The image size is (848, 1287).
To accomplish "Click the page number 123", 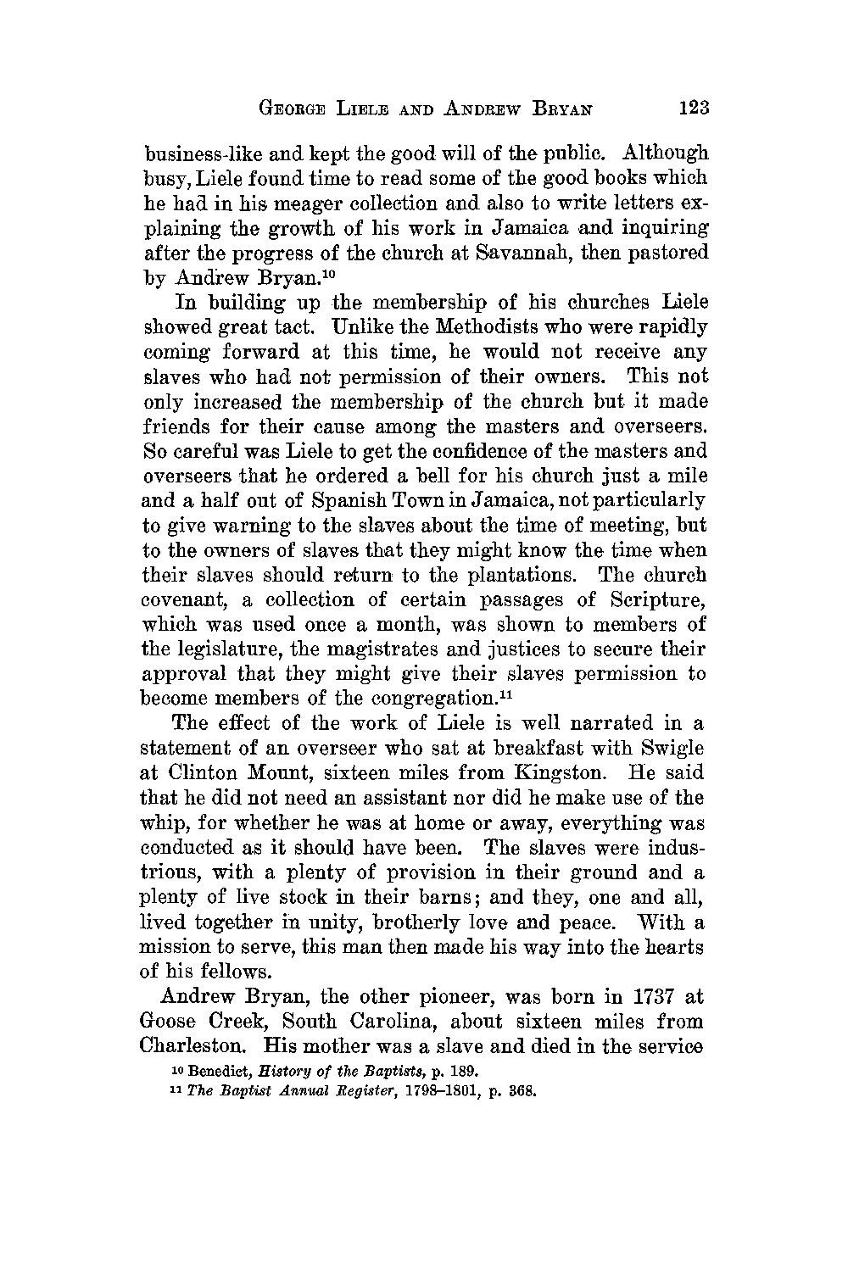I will [693, 108].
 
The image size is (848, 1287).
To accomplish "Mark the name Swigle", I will [674, 749].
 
